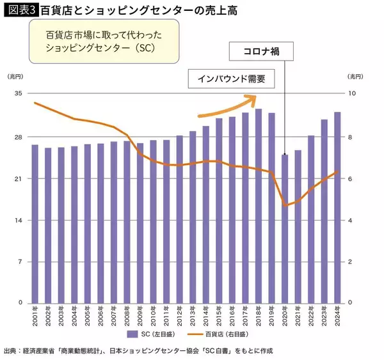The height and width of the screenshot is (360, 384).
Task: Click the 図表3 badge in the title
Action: click(20, 10)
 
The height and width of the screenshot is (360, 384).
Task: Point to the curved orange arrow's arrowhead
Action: click(252, 99)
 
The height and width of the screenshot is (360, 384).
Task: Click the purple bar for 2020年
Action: click(284, 228)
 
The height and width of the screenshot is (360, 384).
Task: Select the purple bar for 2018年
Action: click(258, 205)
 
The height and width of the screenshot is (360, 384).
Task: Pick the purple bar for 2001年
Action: click(35, 223)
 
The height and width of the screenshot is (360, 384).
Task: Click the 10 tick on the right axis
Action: click(351, 93)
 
